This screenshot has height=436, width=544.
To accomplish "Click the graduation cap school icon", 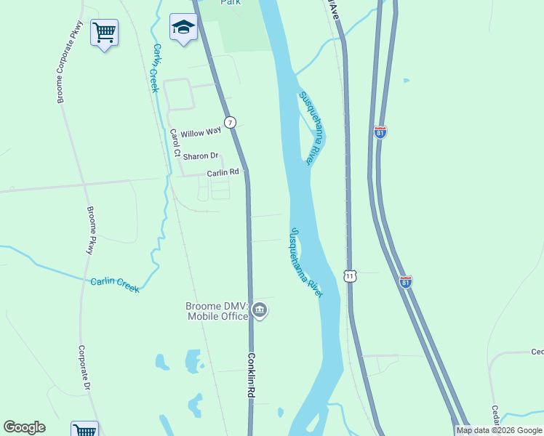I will pyautogui.click(x=183, y=28).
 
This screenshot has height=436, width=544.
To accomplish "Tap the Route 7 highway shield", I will pyautogui.click(x=230, y=122).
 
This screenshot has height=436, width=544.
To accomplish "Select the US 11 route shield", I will pyautogui.click(x=351, y=276).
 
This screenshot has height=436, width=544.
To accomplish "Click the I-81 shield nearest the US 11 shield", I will pyautogui.click(x=406, y=281).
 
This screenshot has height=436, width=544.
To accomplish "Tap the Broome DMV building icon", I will pyautogui.click(x=260, y=311).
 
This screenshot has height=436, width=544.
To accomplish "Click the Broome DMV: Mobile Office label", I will pyautogui.click(x=216, y=311).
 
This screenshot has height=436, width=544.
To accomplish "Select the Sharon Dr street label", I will pyautogui.click(x=201, y=156).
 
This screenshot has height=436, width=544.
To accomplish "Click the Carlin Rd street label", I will pyautogui.click(x=223, y=172).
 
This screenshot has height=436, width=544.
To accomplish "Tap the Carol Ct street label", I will pyautogui.click(x=175, y=143).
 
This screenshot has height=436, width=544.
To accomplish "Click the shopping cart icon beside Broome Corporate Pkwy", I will pyautogui.click(x=104, y=33).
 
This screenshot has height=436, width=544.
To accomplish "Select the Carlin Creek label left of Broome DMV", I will pyautogui.click(x=115, y=285).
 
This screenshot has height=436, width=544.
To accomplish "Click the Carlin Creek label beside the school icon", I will pyautogui.click(x=154, y=68).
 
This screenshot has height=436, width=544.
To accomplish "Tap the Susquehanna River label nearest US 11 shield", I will pyautogui.click(x=305, y=262).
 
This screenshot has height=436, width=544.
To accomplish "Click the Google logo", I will pyautogui.click(x=24, y=427).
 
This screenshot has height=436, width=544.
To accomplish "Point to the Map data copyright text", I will pyautogui.click(x=500, y=430).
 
